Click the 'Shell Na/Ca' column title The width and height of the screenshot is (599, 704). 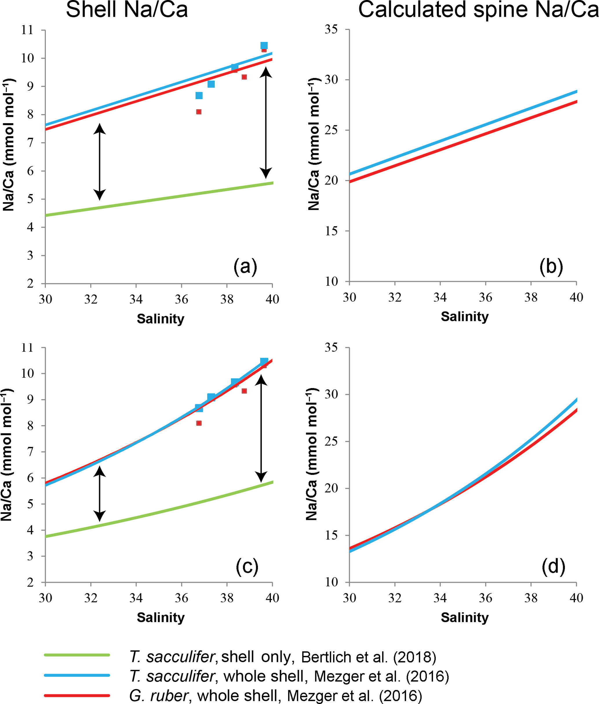[x=127, y=10]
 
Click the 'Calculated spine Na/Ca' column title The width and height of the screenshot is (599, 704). [x=478, y=10]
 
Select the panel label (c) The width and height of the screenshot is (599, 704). [x=247, y=567]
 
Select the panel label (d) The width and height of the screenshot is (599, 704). [x=553, y=567]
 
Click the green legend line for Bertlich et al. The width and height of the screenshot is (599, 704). [x=77, y=655]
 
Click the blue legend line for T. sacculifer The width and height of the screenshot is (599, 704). [x=77, y=675]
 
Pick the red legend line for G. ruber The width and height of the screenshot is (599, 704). [x=77, y=695]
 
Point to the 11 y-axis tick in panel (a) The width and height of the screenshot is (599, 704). [x=28, y=30]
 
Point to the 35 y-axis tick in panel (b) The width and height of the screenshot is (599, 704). [x=331, y=29]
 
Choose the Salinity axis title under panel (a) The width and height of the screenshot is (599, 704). [x=161, y=319]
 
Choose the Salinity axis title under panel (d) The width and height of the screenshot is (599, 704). [x=465, y=617]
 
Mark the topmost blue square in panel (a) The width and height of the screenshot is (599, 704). [x=264, y=46]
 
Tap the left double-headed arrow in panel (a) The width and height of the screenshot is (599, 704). [x=99, y=162]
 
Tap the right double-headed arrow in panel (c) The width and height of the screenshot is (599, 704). [x=261, y=429]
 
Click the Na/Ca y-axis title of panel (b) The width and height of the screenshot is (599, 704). [x=314, y=144]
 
